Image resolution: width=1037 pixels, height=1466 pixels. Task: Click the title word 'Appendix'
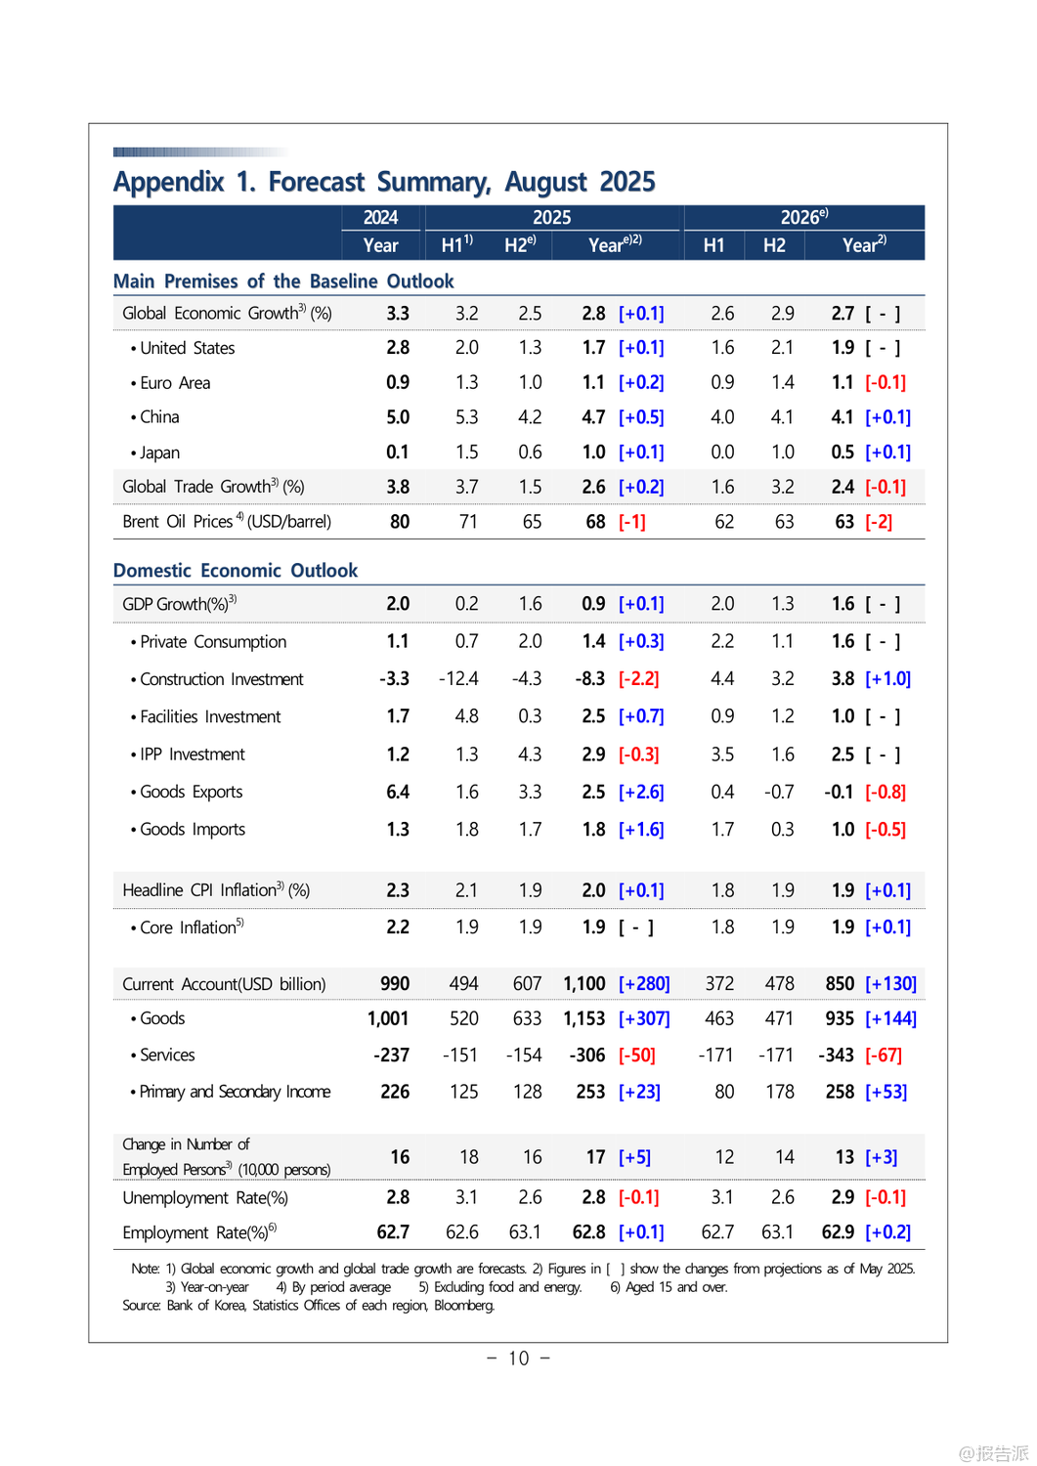(x=168, y=182)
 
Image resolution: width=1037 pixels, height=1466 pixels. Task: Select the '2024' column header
(x=380, y=217)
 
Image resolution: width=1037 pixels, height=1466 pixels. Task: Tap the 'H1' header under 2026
(x=713, y=245)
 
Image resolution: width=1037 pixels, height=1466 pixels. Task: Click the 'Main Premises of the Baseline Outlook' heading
(x=283, y=281)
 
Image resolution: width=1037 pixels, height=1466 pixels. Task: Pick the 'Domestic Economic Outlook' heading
(x=236, y=571)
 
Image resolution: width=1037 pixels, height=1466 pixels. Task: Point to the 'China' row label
(x=159, y=417)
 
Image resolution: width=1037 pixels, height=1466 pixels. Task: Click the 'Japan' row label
(x=159, y=453)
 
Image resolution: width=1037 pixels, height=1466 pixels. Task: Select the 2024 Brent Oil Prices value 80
(x=400, y=522)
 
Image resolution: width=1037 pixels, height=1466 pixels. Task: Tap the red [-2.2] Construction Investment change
(x=639, y=678)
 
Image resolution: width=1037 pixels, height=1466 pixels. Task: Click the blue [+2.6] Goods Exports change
(x=641, y=792)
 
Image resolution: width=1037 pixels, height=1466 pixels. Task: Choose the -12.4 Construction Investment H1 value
(x=458, y=678)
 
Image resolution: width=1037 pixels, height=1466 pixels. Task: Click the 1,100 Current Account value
(x=584, y=983)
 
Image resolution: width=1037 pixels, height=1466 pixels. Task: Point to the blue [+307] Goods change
(x=644, y=1018)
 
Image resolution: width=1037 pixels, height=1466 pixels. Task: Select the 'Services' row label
(x=167, y=1055)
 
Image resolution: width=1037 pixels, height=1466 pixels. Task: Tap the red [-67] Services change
(x=884, y=1055)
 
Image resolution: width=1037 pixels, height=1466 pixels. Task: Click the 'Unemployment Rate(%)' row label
(x=205, y=1197)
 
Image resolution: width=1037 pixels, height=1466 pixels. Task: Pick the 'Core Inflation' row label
(x=190, y=927)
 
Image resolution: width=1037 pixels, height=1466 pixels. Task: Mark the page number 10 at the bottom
(x=518, y=1358)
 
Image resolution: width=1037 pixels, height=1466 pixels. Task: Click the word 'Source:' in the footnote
(x=142, y=1305)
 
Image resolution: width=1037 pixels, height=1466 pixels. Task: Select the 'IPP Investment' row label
(x=192, y=755)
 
